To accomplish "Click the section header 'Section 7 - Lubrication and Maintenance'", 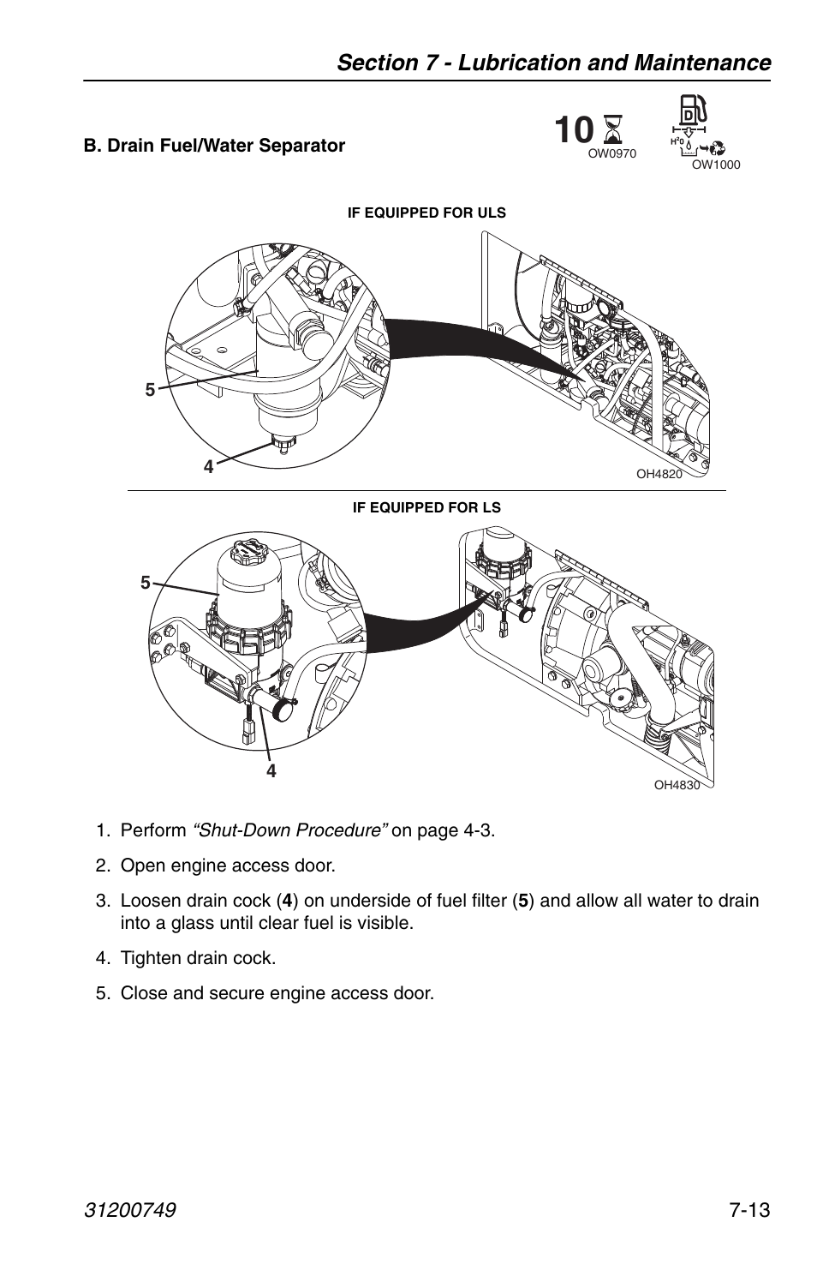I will click(x=553, y=63).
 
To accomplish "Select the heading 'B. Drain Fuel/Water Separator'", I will click(x=214, y=146).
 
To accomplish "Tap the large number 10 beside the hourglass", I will click(x=573, y=131).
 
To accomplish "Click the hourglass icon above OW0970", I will click(x=612, y=131).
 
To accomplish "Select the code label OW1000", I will click(x=715, y=165).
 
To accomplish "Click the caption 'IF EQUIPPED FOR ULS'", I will click(x=426, y=213).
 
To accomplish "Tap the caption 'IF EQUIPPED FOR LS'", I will click(x=426, y=507).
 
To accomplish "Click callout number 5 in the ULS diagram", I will click(x=150, y=390).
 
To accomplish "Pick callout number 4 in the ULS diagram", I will click(x=208, y=467).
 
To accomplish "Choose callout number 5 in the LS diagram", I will click(x=146, y=584).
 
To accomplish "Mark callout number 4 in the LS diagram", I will click(x=271, y=770).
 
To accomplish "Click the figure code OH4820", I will click(x=659, y=475).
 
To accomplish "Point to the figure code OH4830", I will click(x=677, y=784).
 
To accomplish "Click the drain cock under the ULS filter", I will click(x=281, y=443).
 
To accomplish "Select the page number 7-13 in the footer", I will click(x=750, y=1210).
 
